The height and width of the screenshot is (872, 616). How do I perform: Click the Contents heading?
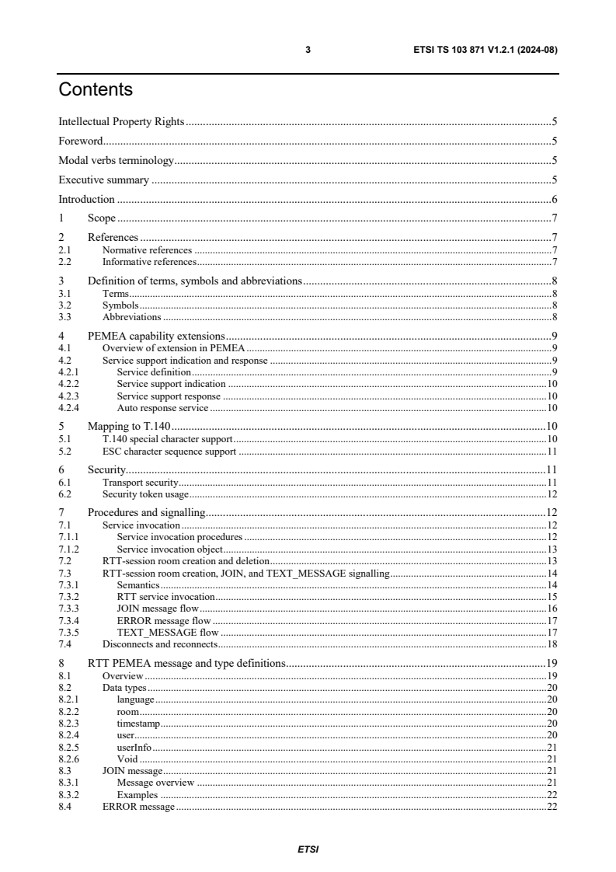click(96, 90)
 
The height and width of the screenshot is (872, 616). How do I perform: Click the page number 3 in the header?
click(308, 50)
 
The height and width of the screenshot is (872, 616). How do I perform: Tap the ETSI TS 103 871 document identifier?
click(482, 50)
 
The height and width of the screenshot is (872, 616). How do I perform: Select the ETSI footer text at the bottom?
click(308, 849)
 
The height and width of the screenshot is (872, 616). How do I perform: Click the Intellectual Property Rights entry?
click(121, 122)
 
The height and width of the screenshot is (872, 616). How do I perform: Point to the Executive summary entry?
click(103, 180)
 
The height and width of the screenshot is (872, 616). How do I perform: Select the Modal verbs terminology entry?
click(116, 161)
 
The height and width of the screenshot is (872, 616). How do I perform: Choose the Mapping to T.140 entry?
click(129, 426)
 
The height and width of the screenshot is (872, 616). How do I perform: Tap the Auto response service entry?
click(162, 407)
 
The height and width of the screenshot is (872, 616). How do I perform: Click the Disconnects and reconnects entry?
click(160, 644)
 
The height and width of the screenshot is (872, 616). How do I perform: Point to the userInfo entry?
click(129, 747)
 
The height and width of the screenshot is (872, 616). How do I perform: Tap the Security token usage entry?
click(146, 494)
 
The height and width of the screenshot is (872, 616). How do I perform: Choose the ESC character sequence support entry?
click(169, 451)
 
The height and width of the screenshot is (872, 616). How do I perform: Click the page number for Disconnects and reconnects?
click(552, 644)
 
